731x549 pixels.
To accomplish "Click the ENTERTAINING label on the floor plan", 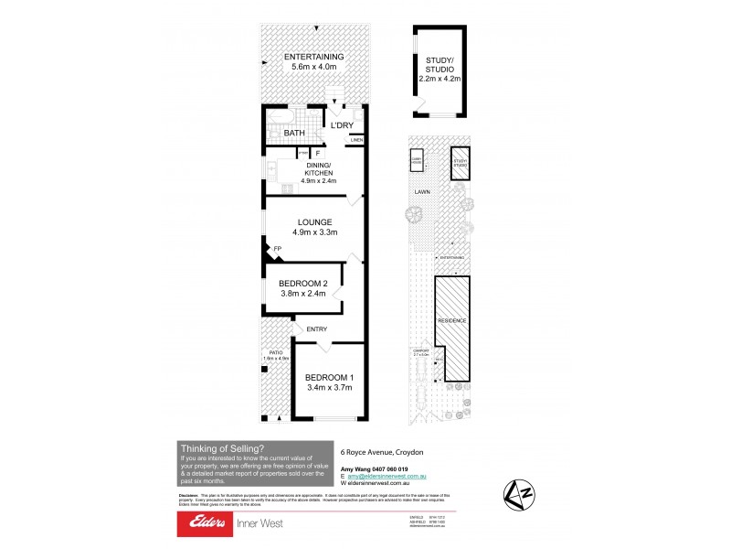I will [x=313, y=55].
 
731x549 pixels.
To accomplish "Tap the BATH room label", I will [x=293, y=134].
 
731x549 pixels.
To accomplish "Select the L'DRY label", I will [x=342, y=125].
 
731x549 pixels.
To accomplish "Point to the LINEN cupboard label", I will [x=355, y=140].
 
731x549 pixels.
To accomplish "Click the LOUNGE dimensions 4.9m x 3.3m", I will [x=313, y=232].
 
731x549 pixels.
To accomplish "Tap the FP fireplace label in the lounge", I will [x=277, y=249].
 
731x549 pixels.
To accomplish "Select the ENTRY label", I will [x=316, y=328].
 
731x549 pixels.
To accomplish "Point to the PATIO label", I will [x=276, y=353].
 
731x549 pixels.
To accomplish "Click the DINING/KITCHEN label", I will [x=313, y=168].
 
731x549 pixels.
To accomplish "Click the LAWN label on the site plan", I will [x=422, y=192].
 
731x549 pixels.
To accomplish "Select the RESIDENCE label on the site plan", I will [x=451, y=321].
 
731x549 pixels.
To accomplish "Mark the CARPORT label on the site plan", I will [x=421, y=350].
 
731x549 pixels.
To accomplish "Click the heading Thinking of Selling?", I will [x=222, y=447].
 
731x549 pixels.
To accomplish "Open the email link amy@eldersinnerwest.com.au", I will [x=396, y=478].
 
